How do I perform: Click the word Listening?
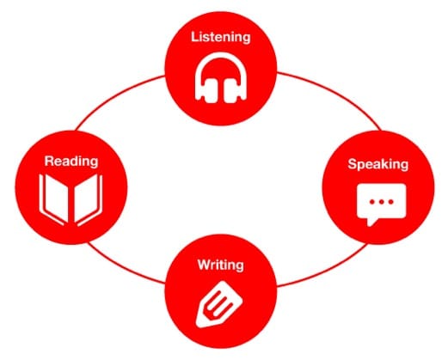[221, 38]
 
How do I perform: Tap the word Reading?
[71, 162]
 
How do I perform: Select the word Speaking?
[378, 165]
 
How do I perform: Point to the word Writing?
[221, 265]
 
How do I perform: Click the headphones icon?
[221, 78]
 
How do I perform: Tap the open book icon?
[71, 200]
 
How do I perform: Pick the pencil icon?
[219, 304]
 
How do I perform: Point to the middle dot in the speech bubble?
[382, 202]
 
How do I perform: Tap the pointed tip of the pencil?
[199, 323]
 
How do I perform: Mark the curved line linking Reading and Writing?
[123, 267]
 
